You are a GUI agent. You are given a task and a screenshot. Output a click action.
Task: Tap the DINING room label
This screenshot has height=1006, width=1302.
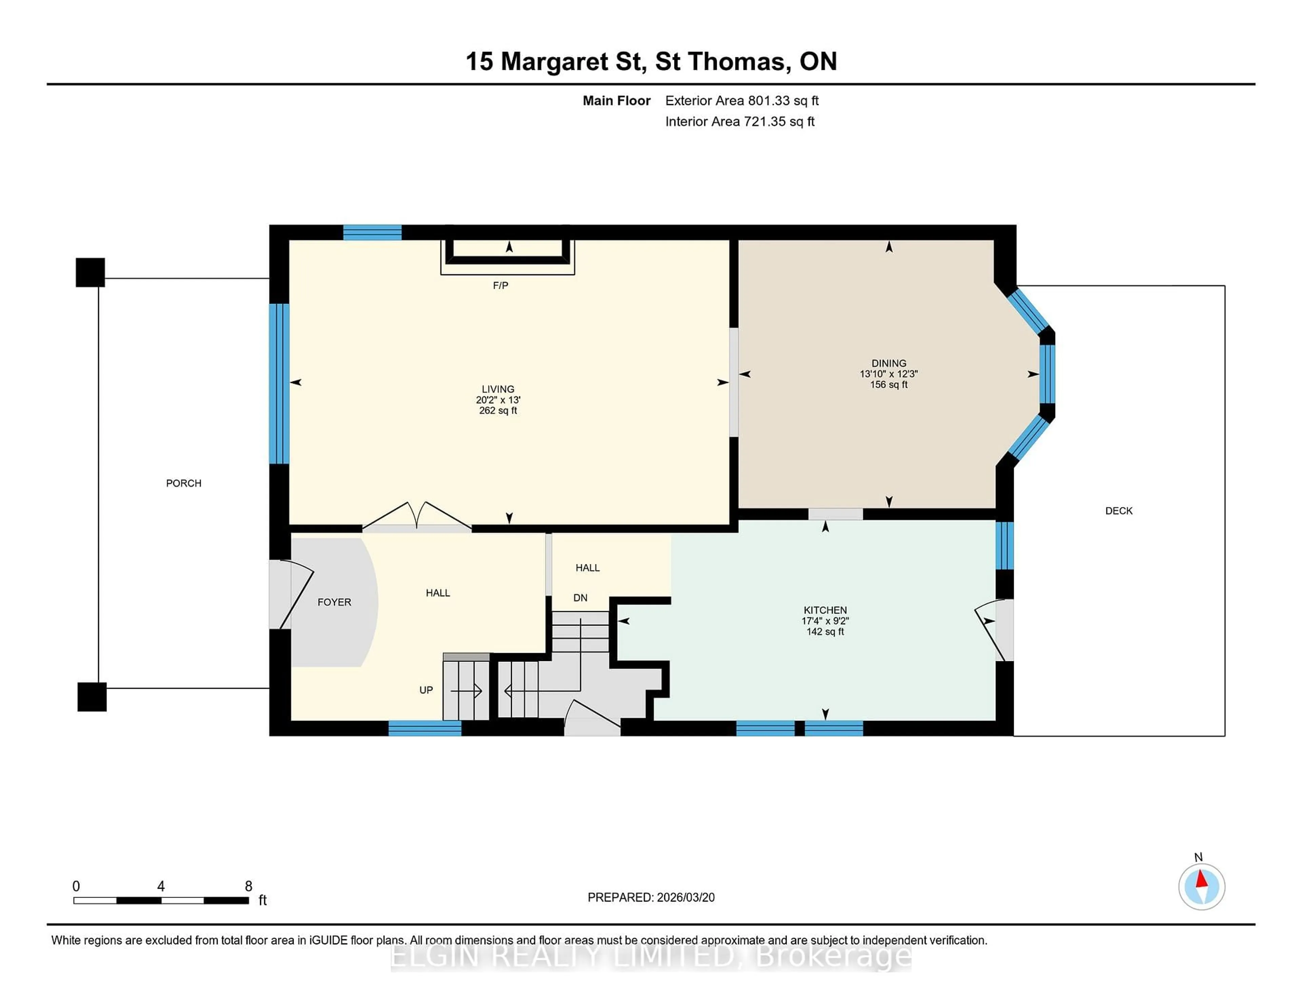pyautogui.click(x=888, y=363)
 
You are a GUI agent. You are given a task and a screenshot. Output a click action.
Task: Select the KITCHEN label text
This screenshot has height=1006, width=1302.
pyautogui.click(x=825, y=610)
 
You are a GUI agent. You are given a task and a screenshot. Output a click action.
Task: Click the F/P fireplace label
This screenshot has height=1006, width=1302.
pyautogui.click(x=500, y=285)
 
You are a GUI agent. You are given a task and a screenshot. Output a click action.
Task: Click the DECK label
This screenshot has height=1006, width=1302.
pyautogui.click(x=1118, y=511)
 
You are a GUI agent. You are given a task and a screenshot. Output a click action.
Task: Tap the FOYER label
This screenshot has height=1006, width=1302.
pyautogui.click(x=334, y=602)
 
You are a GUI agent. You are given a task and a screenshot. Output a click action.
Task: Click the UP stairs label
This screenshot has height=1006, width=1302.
pyautogui.click(x=426, y=689)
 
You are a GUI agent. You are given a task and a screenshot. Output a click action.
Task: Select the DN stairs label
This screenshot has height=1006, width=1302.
pyautogui.click(x=580, y=598)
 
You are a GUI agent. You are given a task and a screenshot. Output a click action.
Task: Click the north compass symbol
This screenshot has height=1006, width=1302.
pyautogui.click(x=1201, y=886)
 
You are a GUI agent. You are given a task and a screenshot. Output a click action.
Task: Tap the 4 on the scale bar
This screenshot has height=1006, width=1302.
pyautogui.click(x=161, y=886)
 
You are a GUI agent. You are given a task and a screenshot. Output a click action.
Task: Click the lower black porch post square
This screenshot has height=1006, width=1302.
pyautogui.click(x=92, y=697)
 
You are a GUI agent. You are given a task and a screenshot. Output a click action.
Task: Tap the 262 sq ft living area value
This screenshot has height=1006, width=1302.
pyautogui.click(x=498, y=410)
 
